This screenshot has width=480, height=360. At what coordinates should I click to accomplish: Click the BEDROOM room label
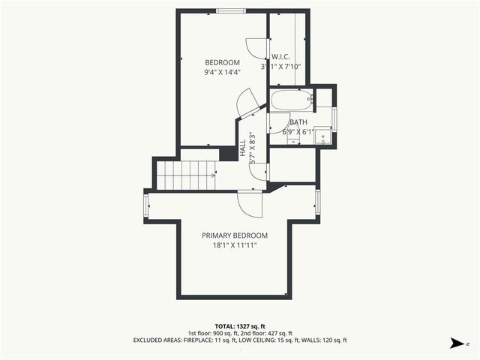coord(222,62)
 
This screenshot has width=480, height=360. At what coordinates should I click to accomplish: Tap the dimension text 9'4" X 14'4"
coord(222,73)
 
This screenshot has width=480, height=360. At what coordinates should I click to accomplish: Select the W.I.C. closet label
coord(281,56)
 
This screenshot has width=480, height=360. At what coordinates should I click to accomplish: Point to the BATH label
coord(298,122)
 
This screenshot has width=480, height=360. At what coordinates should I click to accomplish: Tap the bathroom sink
coord(322,136)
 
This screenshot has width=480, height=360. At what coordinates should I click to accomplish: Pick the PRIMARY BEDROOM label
coord(234,235)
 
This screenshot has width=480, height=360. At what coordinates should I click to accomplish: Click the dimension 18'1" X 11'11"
coord(234,245)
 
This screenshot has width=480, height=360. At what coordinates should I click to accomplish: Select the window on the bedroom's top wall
coord(230,10)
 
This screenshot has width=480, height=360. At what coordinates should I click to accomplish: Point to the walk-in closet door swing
coord(258,48)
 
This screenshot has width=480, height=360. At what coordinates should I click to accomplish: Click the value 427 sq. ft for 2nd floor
coord(280,332)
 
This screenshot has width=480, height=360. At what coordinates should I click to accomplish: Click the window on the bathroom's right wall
coord(334,118)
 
